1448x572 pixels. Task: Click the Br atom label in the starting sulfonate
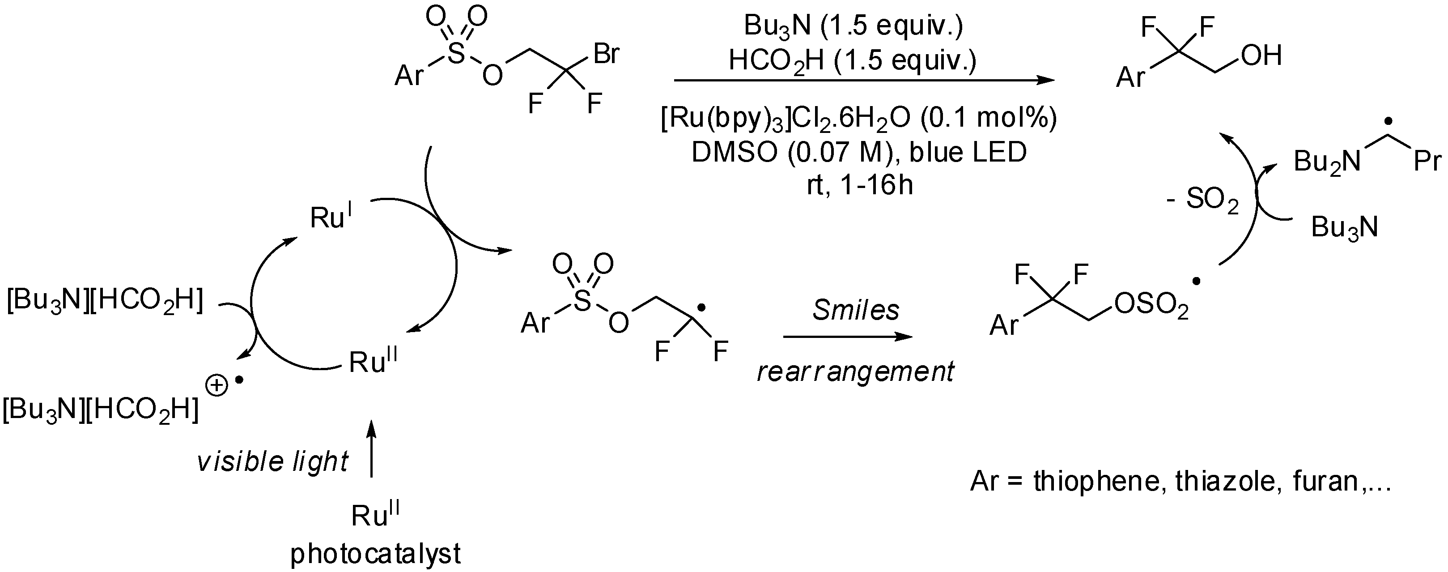(x=607, y=55)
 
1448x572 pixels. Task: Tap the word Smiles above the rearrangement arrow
(x=856, y=310)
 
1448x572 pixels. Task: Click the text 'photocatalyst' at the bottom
(x=375, y=554)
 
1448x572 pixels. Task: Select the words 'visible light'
(x=272, y=462)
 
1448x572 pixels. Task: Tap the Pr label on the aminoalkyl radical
(x=1427, y=162)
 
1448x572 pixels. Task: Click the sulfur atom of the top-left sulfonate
(x=456, y=54)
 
